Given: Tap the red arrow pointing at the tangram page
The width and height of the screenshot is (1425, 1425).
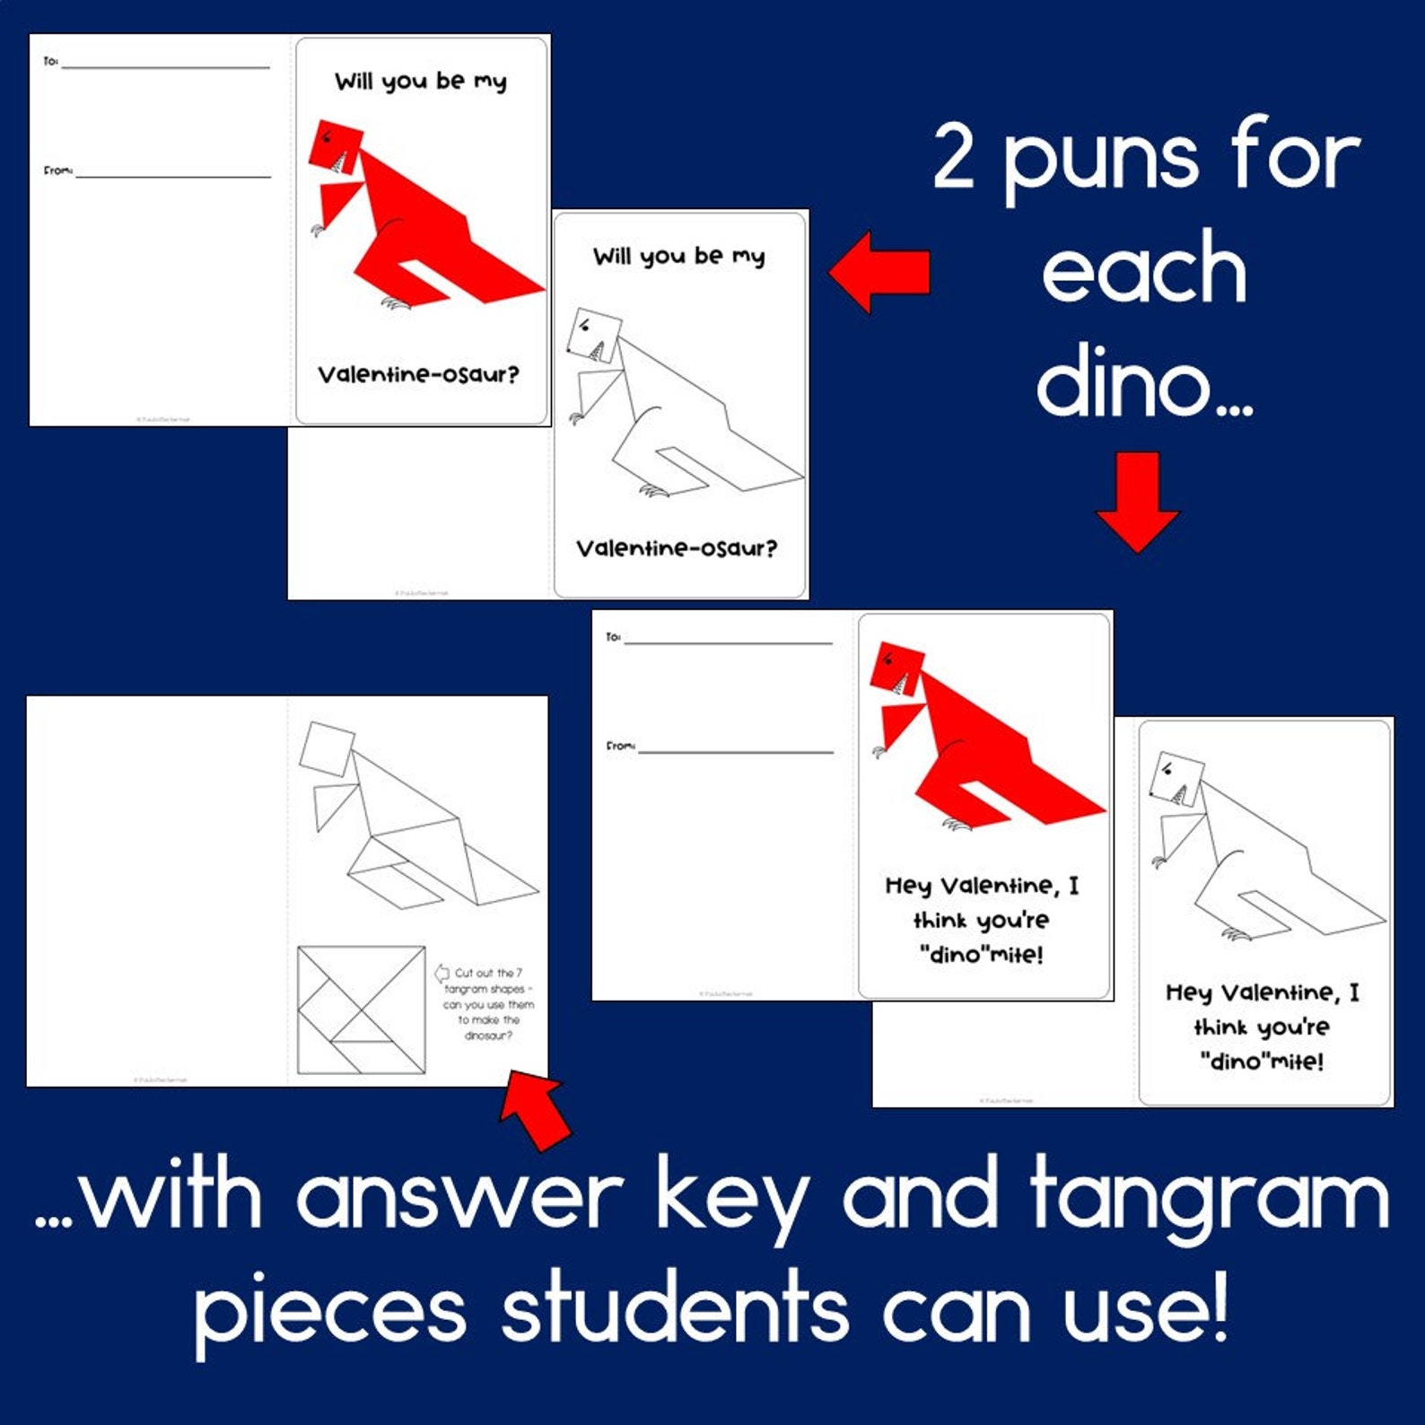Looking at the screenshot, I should click(x=537, y=1111).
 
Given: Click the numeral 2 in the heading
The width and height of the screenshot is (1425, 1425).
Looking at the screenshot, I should click(x=954, y=158).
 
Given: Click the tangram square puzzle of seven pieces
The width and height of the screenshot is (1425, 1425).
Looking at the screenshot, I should click(x=361, y=1010).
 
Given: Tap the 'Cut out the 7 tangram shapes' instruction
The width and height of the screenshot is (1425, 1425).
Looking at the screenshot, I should click(x=487, y=1003).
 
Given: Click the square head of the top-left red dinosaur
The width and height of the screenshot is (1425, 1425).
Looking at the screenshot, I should click(x=336, y=144).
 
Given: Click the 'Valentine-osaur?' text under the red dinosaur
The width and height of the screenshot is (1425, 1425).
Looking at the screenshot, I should click(x=418, y=374).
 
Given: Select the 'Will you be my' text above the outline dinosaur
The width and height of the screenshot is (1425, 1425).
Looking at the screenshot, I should click(x=678, y=257).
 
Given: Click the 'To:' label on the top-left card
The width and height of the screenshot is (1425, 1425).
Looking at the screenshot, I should click(x=50, y=61).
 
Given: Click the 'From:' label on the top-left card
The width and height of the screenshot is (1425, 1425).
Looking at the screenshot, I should click(x=57, y=170).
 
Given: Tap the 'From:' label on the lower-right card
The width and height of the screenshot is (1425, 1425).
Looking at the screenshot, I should click(x=619, y=746).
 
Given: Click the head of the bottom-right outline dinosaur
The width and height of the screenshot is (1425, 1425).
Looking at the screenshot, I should click(x=1176, y=778).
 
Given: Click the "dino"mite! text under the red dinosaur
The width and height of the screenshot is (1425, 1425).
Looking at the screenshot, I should click(x=981, y=955).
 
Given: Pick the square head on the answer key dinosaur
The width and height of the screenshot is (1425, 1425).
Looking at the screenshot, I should click(x=327, y=747).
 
